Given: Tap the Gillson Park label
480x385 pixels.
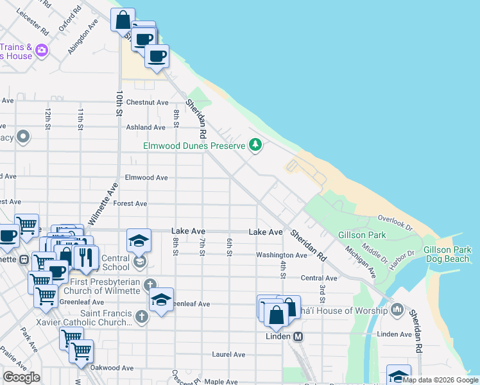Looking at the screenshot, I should click(368, 235).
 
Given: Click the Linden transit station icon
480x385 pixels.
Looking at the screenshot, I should click(298, 336).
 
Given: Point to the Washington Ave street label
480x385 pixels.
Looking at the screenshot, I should click(282, 255).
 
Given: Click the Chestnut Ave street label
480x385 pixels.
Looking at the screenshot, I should click(147, 102).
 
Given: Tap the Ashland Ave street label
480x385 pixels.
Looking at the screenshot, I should click(146, 128).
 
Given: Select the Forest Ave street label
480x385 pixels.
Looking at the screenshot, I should click(130, 203).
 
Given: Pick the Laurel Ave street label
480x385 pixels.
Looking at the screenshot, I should click(228, 354).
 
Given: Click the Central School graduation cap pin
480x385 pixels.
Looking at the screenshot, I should click(139, 241).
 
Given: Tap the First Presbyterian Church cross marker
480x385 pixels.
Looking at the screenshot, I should click(150, 284).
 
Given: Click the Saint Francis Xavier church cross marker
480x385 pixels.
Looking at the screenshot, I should click(142, 316).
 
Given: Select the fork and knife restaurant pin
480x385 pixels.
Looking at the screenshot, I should click(85, 257).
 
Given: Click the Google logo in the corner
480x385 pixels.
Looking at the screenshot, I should click(21, 377).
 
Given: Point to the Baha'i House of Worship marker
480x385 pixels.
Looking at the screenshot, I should click(397, 311).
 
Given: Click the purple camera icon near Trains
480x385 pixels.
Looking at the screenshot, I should click(42, 49).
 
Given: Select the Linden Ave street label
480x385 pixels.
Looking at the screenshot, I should click(393, 334).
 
